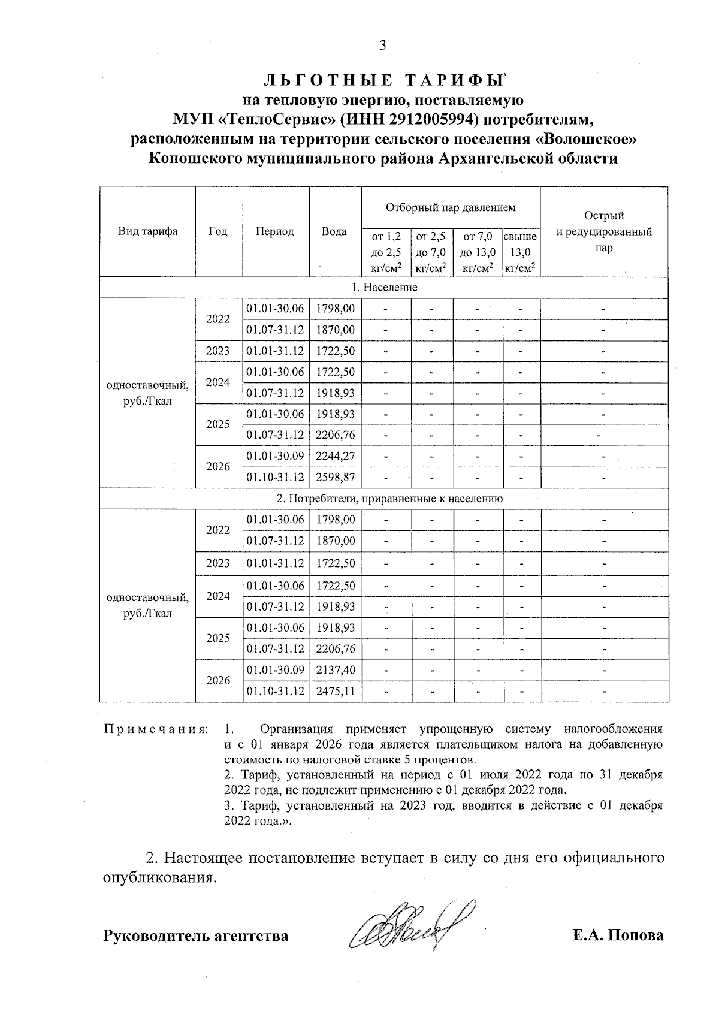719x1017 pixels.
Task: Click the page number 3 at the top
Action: point(383,46)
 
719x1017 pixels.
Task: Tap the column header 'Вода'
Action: point(334,232)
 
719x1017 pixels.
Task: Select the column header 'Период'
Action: point(275,232)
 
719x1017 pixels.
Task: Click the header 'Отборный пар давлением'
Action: point(451,208)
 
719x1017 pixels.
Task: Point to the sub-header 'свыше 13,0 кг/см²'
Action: point(520,252)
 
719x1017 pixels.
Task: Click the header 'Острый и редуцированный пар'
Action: point(604,232)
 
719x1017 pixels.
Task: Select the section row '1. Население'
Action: point(384,288)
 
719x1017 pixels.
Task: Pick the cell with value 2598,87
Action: point(336,478)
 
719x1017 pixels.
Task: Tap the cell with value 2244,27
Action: point(336,456)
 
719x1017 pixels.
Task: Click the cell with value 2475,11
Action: point(336,691)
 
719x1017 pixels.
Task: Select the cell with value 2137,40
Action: point(336,669)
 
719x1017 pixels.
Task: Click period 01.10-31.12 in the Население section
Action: point(276,478)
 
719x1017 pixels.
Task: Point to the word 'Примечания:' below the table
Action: point(156,729)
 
